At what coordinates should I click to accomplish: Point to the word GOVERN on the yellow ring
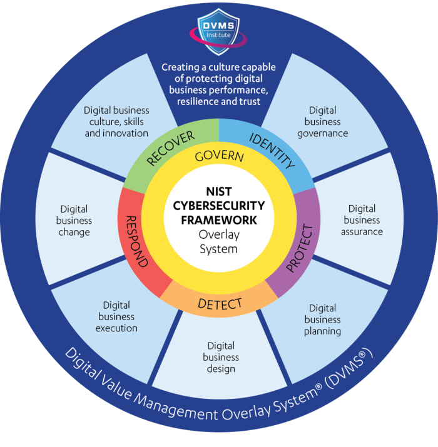pyautogui.click(x=219, y=157)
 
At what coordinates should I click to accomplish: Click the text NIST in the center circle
pyautogui.click(x=219, y=194)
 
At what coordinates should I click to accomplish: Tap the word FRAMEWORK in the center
pyautogui.click(x=219, y=219)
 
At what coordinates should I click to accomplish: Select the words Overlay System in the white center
pyautogui.click(x=219, y=241)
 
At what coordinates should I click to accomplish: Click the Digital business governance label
pyautogui.click(x=323, y=121)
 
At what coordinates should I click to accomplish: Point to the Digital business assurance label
pyautogui.click(x=362, y=220)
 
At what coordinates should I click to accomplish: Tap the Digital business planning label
pyautogui.click(x=322, y=319)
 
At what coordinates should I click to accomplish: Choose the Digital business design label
pyautogui.click(x=221, y=357)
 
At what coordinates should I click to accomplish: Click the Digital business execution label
pyautogui.click(x=116, y=316)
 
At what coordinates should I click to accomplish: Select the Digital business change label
pyautogui.click(x=74, y=221)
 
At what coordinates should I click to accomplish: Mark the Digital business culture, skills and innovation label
pyautogui.click(x=116, y=121)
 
